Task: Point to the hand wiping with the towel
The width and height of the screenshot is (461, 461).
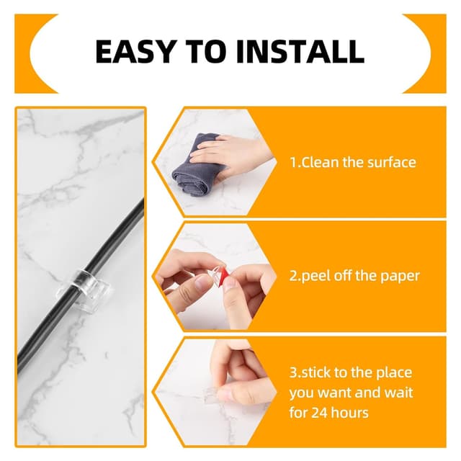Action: click(x=232, y=156)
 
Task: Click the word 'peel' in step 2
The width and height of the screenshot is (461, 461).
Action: click(x=315, y=277)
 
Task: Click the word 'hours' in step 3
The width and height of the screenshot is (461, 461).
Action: click(x=351, y=413)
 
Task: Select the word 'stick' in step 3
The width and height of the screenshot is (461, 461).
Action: click(x=315, y=372)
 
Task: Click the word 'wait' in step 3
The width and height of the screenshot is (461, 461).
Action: click(x=400, y=393)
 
